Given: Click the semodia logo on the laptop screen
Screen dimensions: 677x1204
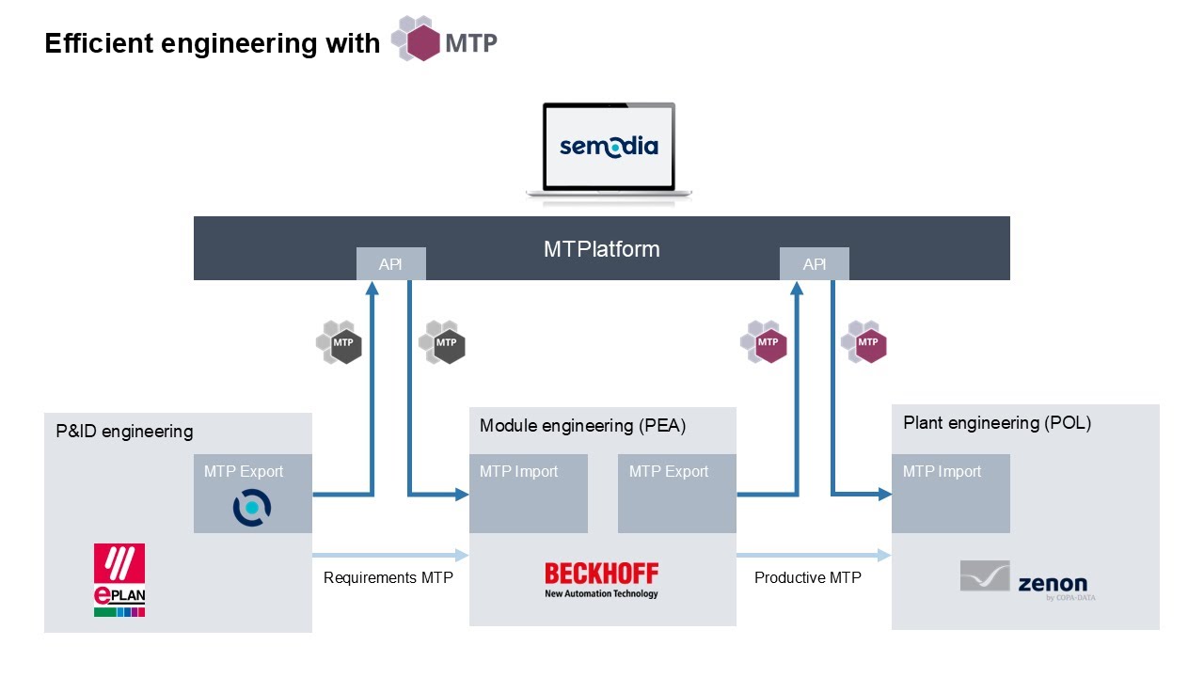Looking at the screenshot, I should (609, 146).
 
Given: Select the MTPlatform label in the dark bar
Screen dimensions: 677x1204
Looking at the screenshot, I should (601, 249).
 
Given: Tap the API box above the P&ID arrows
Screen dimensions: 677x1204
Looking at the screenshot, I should (390, 264).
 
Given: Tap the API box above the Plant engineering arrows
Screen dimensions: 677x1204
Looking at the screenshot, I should (815, 264).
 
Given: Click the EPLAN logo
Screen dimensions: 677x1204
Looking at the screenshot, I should (119, 579).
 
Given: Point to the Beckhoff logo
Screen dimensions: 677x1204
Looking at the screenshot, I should (602, 579).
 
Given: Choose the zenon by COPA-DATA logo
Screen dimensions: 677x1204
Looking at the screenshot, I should (1027, 579).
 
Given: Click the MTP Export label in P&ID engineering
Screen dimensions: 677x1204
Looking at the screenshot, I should (243, 471).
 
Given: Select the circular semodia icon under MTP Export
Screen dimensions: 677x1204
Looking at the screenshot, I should (252, 508).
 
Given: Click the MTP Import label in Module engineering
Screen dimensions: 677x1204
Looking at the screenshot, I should (518, 471).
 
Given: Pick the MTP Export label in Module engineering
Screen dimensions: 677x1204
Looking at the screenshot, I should (669, 471).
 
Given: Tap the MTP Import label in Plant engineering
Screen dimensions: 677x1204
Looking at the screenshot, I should (942, 471).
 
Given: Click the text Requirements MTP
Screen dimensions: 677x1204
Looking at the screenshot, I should (388, 577).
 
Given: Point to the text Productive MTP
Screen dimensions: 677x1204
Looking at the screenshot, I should (807, 577).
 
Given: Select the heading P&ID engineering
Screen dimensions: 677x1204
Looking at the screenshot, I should (123, 432).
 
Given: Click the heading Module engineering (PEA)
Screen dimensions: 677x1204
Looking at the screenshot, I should (582, 426).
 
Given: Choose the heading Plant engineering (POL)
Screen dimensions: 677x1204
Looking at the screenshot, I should (996, 423).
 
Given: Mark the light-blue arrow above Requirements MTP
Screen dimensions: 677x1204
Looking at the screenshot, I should (389, 555).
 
